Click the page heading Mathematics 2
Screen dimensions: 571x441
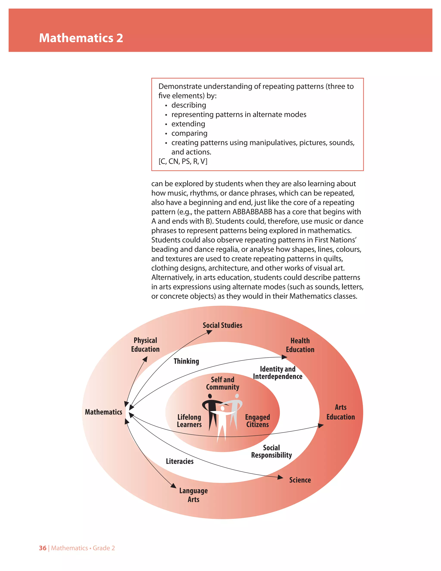point(81,38)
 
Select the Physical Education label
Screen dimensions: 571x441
point(145,345)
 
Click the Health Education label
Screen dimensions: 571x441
point(300,345)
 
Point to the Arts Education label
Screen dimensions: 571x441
point(340,412)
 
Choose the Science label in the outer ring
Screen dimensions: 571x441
point(300,480)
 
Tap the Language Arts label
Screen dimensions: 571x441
point(193,495)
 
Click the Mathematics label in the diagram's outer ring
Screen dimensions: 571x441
point(103,412)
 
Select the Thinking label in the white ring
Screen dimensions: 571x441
point(186,361)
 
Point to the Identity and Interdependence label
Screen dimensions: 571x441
point(277,373)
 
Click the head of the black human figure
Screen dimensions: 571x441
point(210,396)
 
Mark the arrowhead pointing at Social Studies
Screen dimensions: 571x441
point(209,332)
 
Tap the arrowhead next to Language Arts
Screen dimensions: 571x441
point(174,485)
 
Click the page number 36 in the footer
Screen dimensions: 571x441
point(43,548)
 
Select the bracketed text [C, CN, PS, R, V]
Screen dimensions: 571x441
point(183,161)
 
